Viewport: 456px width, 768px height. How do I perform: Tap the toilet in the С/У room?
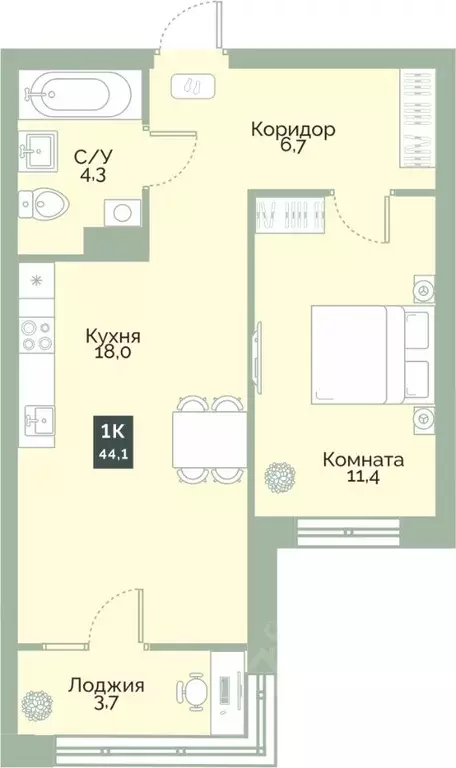(45, 206)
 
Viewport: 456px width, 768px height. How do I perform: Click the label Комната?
(363, 461)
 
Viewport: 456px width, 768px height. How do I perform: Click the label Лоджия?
(107, 686)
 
